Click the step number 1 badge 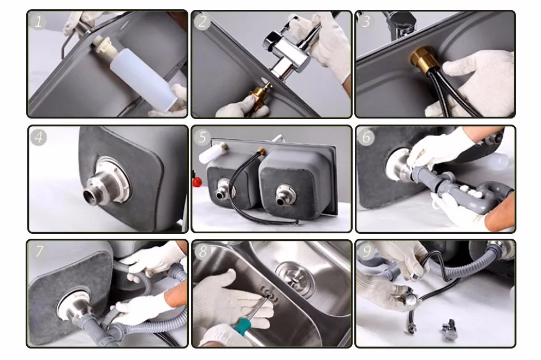tap(38, 21)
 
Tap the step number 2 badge tap(202, 22)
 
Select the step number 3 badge tap(366, 21)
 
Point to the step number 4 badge tap(38, 137)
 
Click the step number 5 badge tap(202, 137)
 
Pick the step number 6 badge tap(366, 137)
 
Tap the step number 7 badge tap(39, 251)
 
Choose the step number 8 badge tap(203, 251)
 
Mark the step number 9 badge tap(366, 251)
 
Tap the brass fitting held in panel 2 tap(259, 98)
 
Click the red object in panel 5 tap(198, 181)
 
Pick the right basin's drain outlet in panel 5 tap(285, 195)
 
